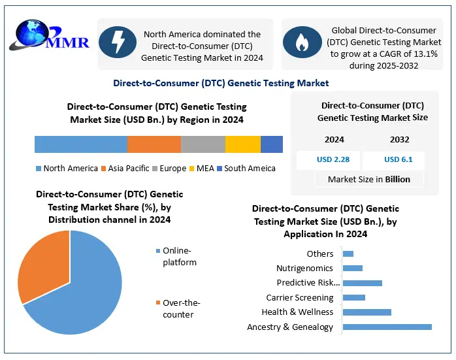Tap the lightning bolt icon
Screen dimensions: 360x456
[x=118, y=42]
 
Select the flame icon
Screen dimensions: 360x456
[x=302, y=42]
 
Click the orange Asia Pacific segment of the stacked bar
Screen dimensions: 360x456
[x=154, y=144]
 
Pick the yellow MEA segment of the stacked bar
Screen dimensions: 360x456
[x=243, y=144]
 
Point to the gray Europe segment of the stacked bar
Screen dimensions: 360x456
[x=203, y=144]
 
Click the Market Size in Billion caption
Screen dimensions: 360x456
[x=369, y=179]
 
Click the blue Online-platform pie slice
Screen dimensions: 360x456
[x=85, y=287]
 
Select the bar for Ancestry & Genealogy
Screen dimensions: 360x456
[x=387, y=327]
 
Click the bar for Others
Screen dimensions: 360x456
[x=348, y=254]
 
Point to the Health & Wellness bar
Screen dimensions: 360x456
[x=366, y=312]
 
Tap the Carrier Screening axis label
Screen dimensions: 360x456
[x=300, y=298]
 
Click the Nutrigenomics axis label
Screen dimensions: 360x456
[x=304, y=268]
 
